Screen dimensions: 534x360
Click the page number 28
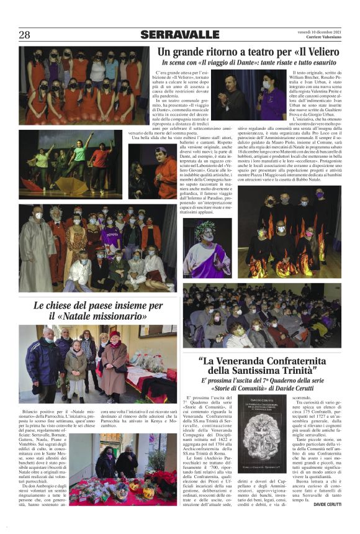coord(24,35)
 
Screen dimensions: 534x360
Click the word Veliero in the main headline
coord(321,52)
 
